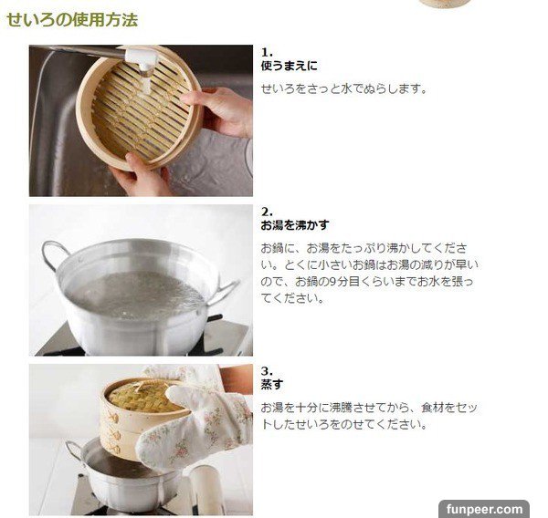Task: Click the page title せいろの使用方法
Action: [x=72, y=19]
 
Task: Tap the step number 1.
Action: [x=267, y=52]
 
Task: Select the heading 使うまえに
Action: [x=289, y=66]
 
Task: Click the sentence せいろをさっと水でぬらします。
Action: [x=344, y=89]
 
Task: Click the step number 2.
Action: [x=267, y=212]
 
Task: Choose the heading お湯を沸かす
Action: [x=295, y=225]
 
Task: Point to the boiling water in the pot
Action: [x=134, y=295]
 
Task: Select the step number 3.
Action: [x=267, y=370]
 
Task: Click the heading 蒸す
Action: [x=272, y=384]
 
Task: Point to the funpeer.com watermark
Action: [x=484, y=509]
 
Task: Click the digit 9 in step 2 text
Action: [x=332, y=282]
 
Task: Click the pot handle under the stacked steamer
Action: [x=74, y=451]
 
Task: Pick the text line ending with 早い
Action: [x=369, y=265]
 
